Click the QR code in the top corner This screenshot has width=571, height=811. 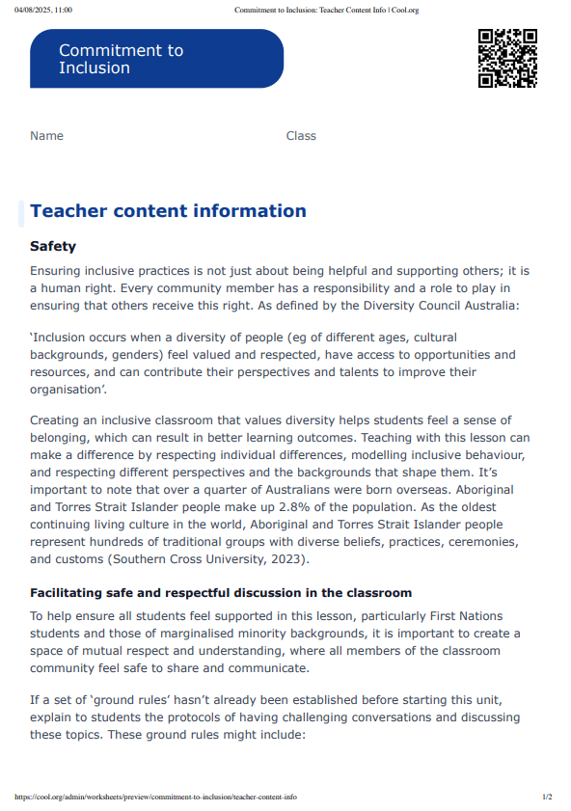[507, 58]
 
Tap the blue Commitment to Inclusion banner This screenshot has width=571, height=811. [157, 59]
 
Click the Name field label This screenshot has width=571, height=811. [46, 136]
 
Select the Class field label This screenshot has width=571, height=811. [301, 136]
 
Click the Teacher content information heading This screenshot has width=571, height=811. [168, 211]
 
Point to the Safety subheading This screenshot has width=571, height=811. [53, 247]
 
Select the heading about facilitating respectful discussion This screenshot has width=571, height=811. [221, 593]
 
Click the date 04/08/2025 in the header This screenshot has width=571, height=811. [35, 10]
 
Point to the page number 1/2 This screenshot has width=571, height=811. [547, 797]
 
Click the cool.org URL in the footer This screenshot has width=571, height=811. [155, 797]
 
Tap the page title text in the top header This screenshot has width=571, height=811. [326, 10]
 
